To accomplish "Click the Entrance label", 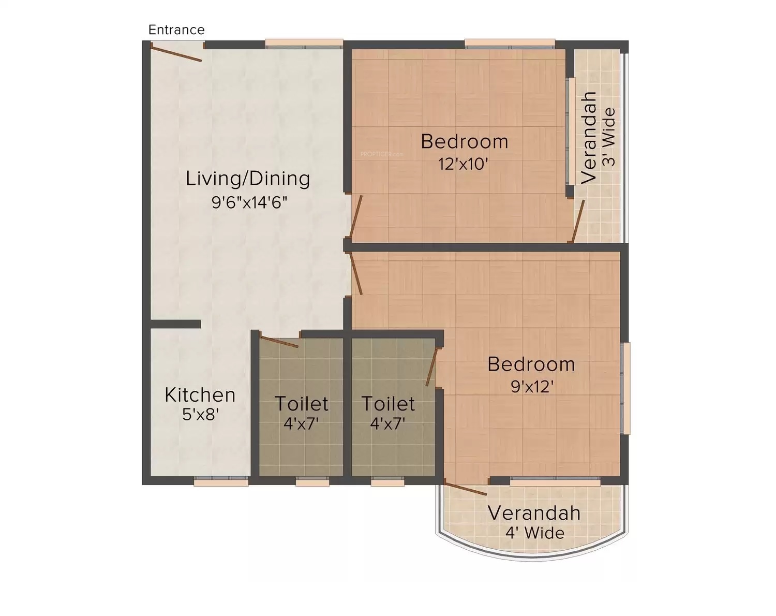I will [x=176, y=30].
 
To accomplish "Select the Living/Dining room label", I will [x=248, y=179].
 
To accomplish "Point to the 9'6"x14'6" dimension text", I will [x=249, y=202].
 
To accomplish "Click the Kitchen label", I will [x=200, y=395].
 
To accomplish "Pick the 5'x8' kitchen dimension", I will [x=201, y=414].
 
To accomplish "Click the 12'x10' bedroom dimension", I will [x=464, y=164].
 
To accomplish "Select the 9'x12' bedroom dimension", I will [x=532, y=386].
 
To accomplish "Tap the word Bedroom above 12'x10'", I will [x=464, y=141].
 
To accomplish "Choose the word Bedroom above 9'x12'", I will [x=531, y=364].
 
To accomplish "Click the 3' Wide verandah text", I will [x=610, y=137].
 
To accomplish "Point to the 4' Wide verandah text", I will [x=535, y=533].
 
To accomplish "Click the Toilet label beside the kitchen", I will [x=301, y=403].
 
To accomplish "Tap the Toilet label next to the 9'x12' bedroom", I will [x=388, y=403].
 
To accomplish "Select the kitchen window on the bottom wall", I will [x=221, y=482].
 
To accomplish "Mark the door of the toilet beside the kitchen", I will [x=279, y=342].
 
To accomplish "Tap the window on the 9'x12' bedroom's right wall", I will [x=625, y=388].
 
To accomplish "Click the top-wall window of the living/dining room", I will [x=304, y=44].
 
